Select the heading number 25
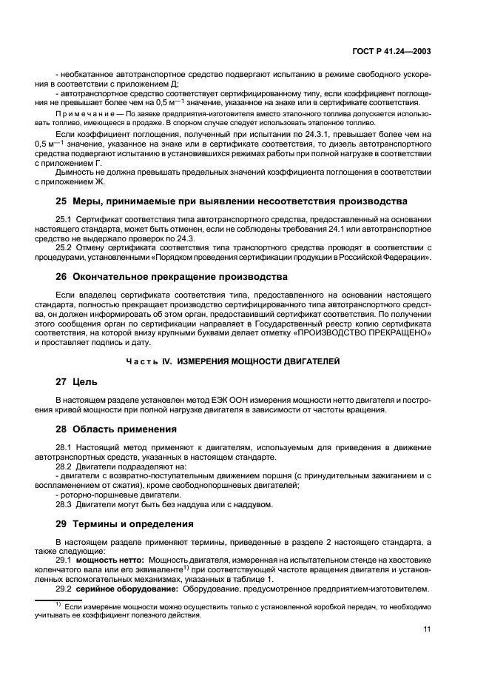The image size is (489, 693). (61, 201)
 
